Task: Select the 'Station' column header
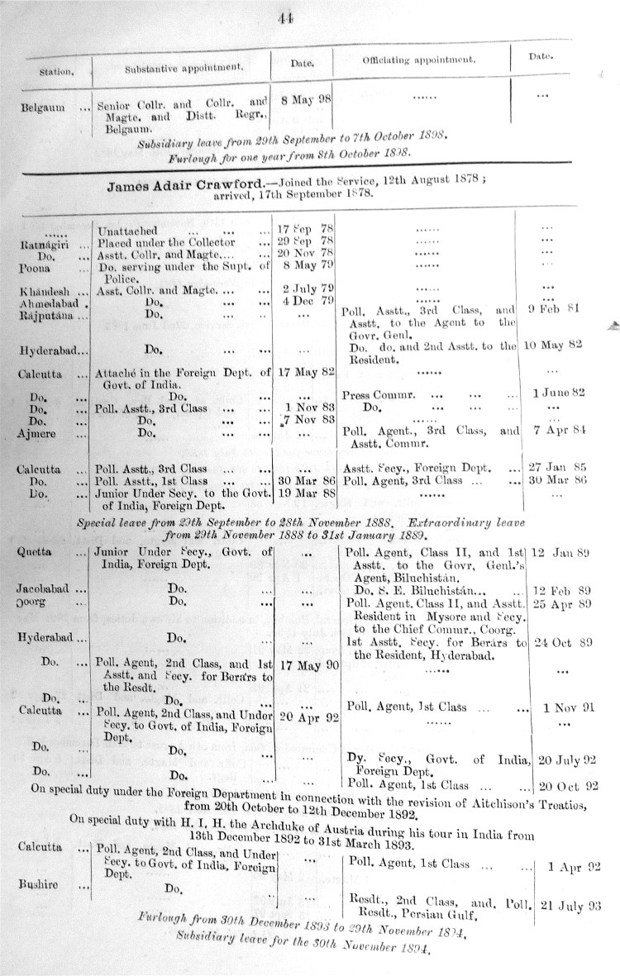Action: coord(56,71)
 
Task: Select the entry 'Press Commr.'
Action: coord(374,394)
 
